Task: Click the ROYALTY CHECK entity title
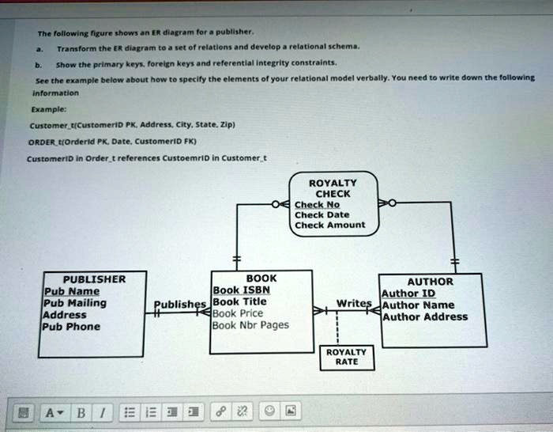333,188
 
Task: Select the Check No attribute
317,203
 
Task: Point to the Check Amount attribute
329,225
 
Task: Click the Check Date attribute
322,214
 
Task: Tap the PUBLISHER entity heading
94,279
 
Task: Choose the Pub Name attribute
71,291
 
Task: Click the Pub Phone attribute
72,327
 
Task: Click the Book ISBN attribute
242,290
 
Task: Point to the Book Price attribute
238,313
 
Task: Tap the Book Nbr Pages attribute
250,325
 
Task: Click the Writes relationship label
353,303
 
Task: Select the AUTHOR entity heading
430,281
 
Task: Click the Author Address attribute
424,316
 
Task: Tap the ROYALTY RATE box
345,356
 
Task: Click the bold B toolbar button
78,411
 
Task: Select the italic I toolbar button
100,411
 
